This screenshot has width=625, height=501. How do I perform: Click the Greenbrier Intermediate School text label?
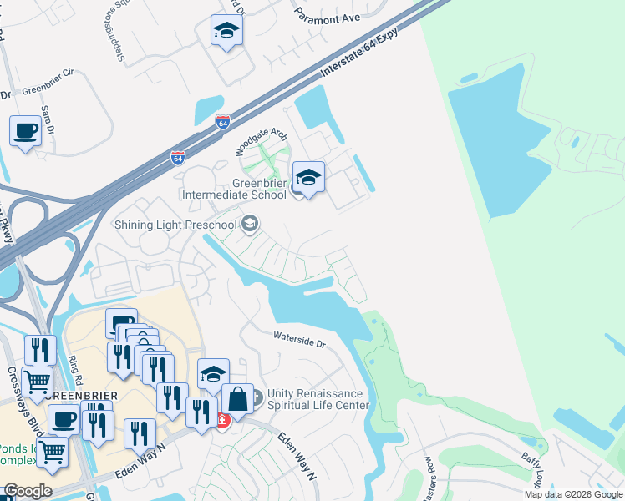(x=236, y=190)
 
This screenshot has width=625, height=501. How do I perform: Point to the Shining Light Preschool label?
(x=175, y=225)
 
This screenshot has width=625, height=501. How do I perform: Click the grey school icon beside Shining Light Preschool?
(x=250, y=224)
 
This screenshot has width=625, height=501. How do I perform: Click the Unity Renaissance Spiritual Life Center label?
(x=318, y=400)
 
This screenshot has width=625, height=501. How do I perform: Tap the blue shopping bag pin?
(x=237, y=400)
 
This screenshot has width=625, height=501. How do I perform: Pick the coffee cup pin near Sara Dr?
(x=26, y=132)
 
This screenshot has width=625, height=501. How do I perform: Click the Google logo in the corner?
(x=28, y=491)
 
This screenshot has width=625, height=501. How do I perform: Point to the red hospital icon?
(x=222, y=420)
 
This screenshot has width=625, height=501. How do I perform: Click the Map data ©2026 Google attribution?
(x=573, y=494)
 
